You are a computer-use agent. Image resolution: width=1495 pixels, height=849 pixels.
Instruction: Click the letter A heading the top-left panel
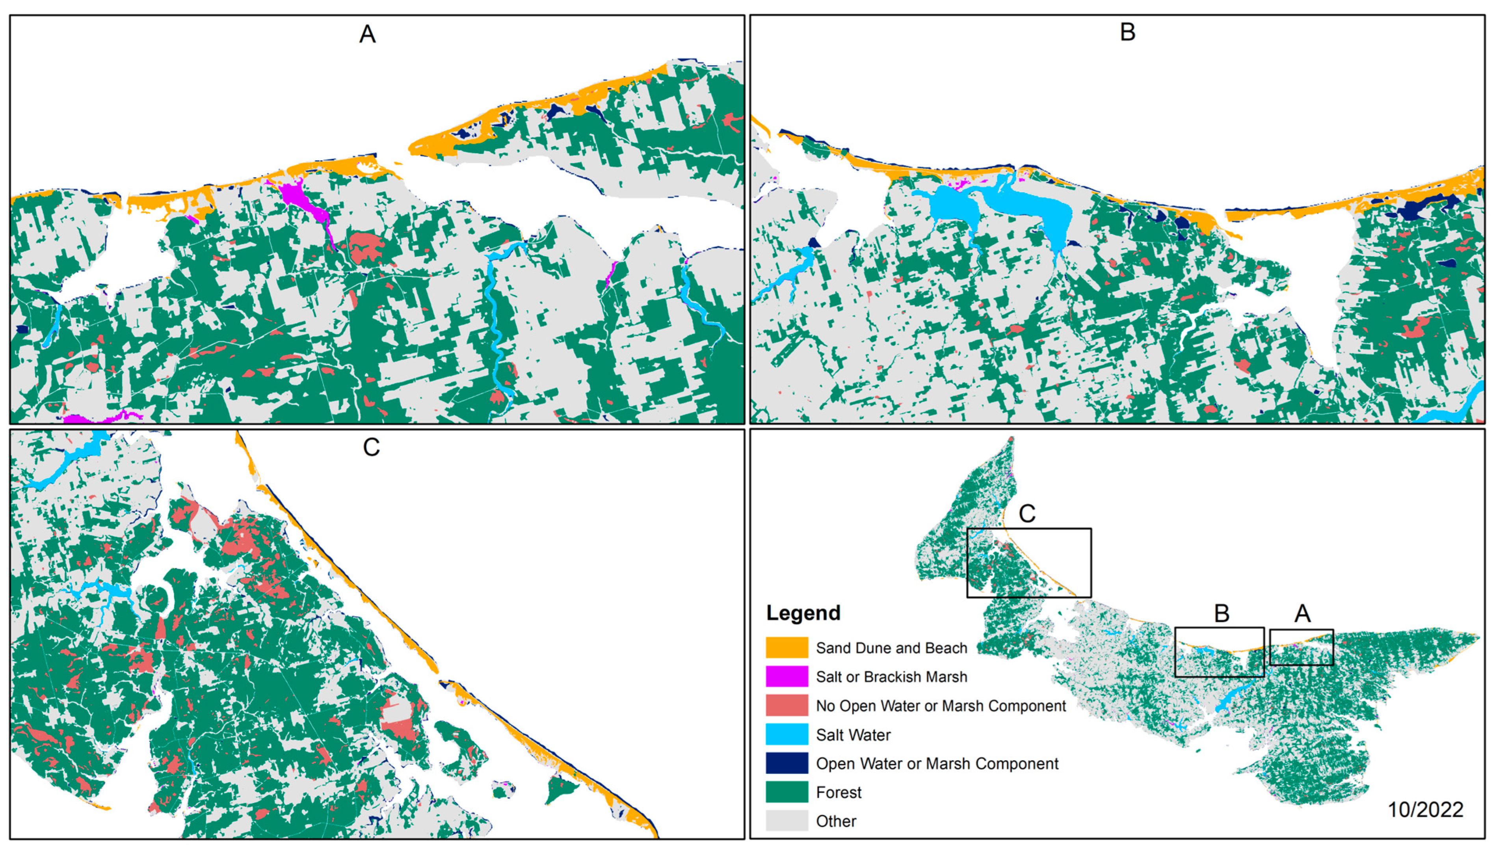pyautogui.click(x=367, y=34)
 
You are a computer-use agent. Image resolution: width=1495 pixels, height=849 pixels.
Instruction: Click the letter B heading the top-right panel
pyautogui.click(x=1127, y=32)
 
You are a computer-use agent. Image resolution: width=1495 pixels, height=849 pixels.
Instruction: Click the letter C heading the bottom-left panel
pyautogui.click(x=371, y=447)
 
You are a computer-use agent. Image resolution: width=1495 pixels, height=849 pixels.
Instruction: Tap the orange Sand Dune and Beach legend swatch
pyautogui.click(x=786, y=647)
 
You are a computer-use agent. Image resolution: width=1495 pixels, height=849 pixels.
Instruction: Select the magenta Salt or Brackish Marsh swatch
pyautogui.click(x=786, y=676)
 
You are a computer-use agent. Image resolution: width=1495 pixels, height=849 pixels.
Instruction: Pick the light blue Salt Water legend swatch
pyautogui.click(x=786, y=734)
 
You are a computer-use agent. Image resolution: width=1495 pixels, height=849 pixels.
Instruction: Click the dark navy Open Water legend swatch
pyautogui.click(x=786, y=763)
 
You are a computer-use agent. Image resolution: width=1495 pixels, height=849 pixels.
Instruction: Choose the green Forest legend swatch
pyautogui.click(x=786, y=792)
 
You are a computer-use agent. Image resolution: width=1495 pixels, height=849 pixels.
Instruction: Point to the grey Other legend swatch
pyautogui.click(x=786, y=821)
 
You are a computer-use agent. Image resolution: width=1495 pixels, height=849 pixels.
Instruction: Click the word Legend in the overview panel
pyautogui.click(x=803, y=613)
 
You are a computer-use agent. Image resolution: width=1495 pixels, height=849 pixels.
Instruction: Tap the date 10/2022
pyautogui.click(x=1425, y=809)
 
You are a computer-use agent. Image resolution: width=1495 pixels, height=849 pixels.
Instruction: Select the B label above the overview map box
pyautogui.click(x=1221, y=613)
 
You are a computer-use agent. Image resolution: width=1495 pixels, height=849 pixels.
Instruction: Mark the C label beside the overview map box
pyautogui.click(x=1027, y=514)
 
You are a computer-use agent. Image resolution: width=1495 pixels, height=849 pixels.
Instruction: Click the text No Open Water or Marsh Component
pyautogui.click(x=941, y=706)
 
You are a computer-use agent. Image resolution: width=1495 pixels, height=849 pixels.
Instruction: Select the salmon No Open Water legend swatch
pyautogui.click(x=786, y=705)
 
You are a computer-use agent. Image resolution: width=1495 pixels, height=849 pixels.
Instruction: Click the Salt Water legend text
pyautogui.click(x=853, y=735)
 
